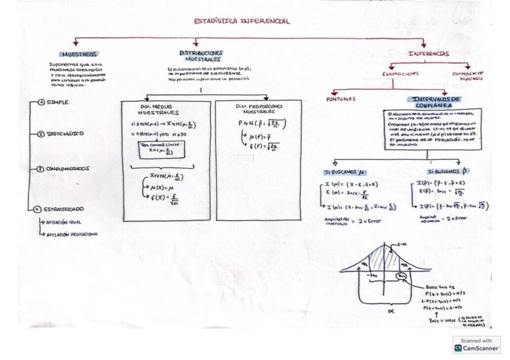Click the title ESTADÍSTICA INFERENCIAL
tap(241, 21)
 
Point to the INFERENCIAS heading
tap(429, 53)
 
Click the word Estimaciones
tap(401, 73)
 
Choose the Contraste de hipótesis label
tap(468, 76)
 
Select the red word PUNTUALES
tap(341, 99)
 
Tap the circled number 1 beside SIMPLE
tap(41, 102)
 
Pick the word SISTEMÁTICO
tap(66, 134)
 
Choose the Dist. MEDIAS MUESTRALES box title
tap(158, 109)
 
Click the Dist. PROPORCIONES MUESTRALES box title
tap(259, 108)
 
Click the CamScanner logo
tap(476, 345)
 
